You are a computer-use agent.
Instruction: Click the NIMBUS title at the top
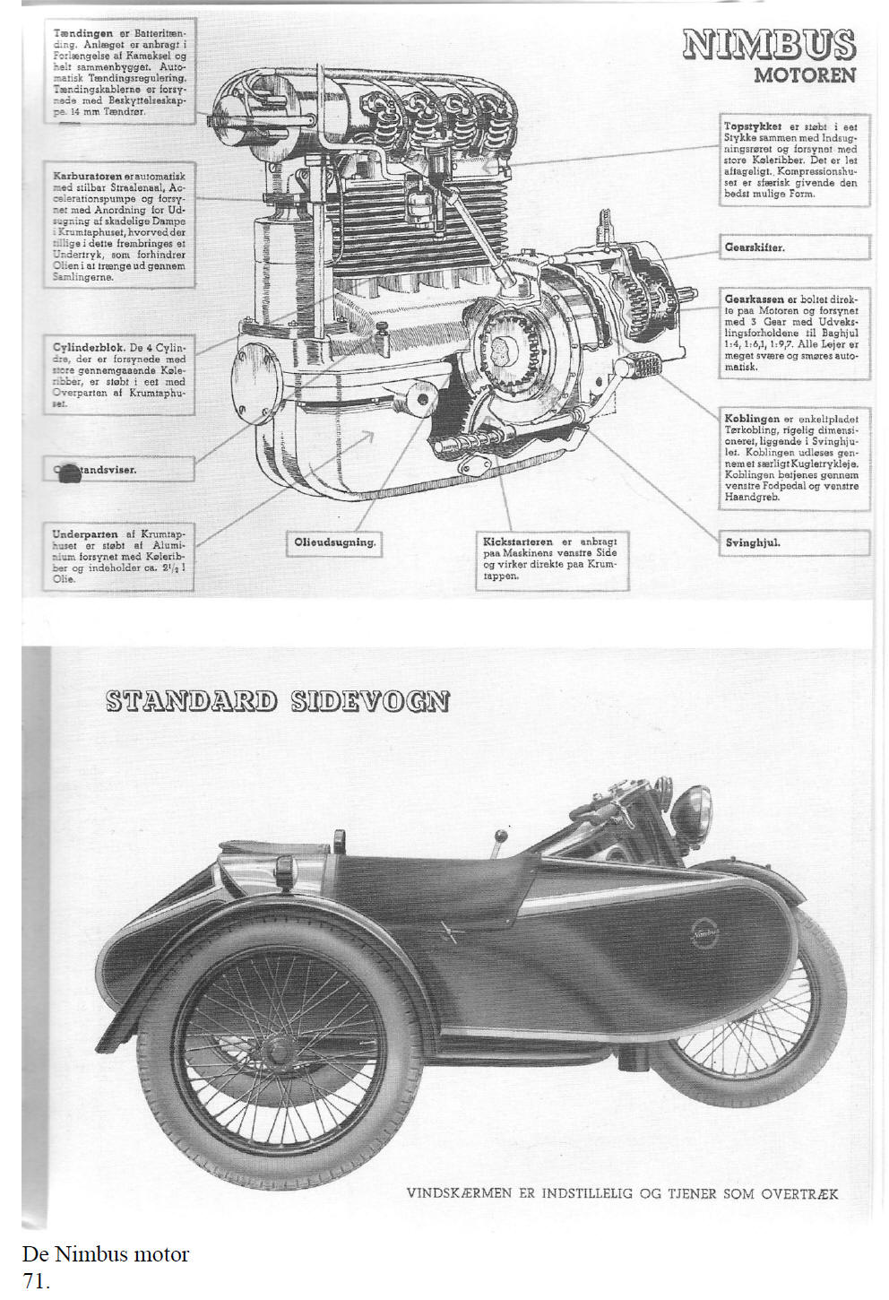click(768, 45)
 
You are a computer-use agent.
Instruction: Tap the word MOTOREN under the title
click(804, 75)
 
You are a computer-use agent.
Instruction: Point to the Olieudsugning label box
click(334, 542)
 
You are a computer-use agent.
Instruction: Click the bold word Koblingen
click(751, 419)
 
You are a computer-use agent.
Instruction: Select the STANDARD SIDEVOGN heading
click(277, 700)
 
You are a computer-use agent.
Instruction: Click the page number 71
click(36, 1282)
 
